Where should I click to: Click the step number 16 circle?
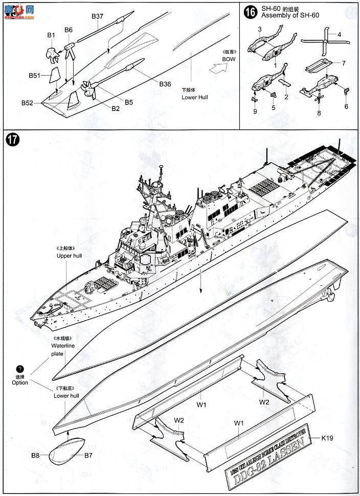click(251, 13)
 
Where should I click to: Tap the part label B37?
click(98, 16)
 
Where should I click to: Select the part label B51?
click(35, 76)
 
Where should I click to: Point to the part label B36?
click(165, 84)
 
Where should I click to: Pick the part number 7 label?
click(344, 63)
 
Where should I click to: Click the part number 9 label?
click(255, 111)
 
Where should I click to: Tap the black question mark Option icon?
click(20, 369)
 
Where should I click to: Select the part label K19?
click(327, 438)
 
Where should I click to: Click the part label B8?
click(35, 455)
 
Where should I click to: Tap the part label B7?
click(88, 455)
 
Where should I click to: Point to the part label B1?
click(51, 35)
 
